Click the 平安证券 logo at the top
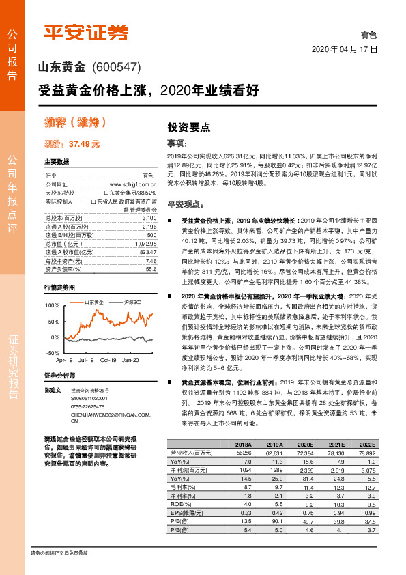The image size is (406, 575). [x=85, y=31]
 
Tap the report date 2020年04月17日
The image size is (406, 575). [x=344, y=50]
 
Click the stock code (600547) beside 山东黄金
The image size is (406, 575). [x=115, y=67]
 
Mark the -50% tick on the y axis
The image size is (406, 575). [x=52, y=352]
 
